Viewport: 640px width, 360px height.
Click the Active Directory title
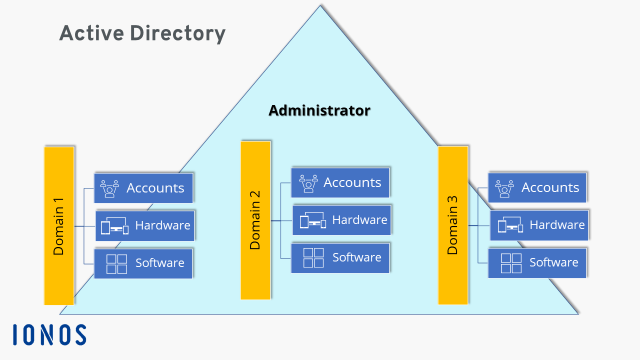(142, 34)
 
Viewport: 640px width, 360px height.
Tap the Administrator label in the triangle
(319, 110)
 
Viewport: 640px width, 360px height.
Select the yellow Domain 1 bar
(59, 225)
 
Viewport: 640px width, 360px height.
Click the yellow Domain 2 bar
(255, 220)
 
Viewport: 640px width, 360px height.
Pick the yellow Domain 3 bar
(453, 225)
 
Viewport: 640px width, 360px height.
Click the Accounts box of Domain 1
(143, 188)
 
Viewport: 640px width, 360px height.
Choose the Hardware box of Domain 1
(144, 225)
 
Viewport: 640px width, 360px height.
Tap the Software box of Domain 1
(143, 263)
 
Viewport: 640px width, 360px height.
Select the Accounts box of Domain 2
(340, 182)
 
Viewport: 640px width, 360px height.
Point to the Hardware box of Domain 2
(341, 220)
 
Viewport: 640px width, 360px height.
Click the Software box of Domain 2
(340, 257)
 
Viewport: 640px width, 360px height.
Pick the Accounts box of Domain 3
(537, 187)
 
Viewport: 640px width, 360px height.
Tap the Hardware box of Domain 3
(538, 225)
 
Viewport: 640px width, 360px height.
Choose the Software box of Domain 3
(537, 262)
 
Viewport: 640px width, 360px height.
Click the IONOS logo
(49, 334)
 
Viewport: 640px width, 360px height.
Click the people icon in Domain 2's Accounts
(308, 183)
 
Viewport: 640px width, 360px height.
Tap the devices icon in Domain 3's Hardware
(510, 225)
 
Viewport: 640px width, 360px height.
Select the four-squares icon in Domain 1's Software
(117, 263)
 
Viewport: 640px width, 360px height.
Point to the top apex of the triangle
(320, 6)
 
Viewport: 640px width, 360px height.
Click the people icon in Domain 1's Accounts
(109, 188)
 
